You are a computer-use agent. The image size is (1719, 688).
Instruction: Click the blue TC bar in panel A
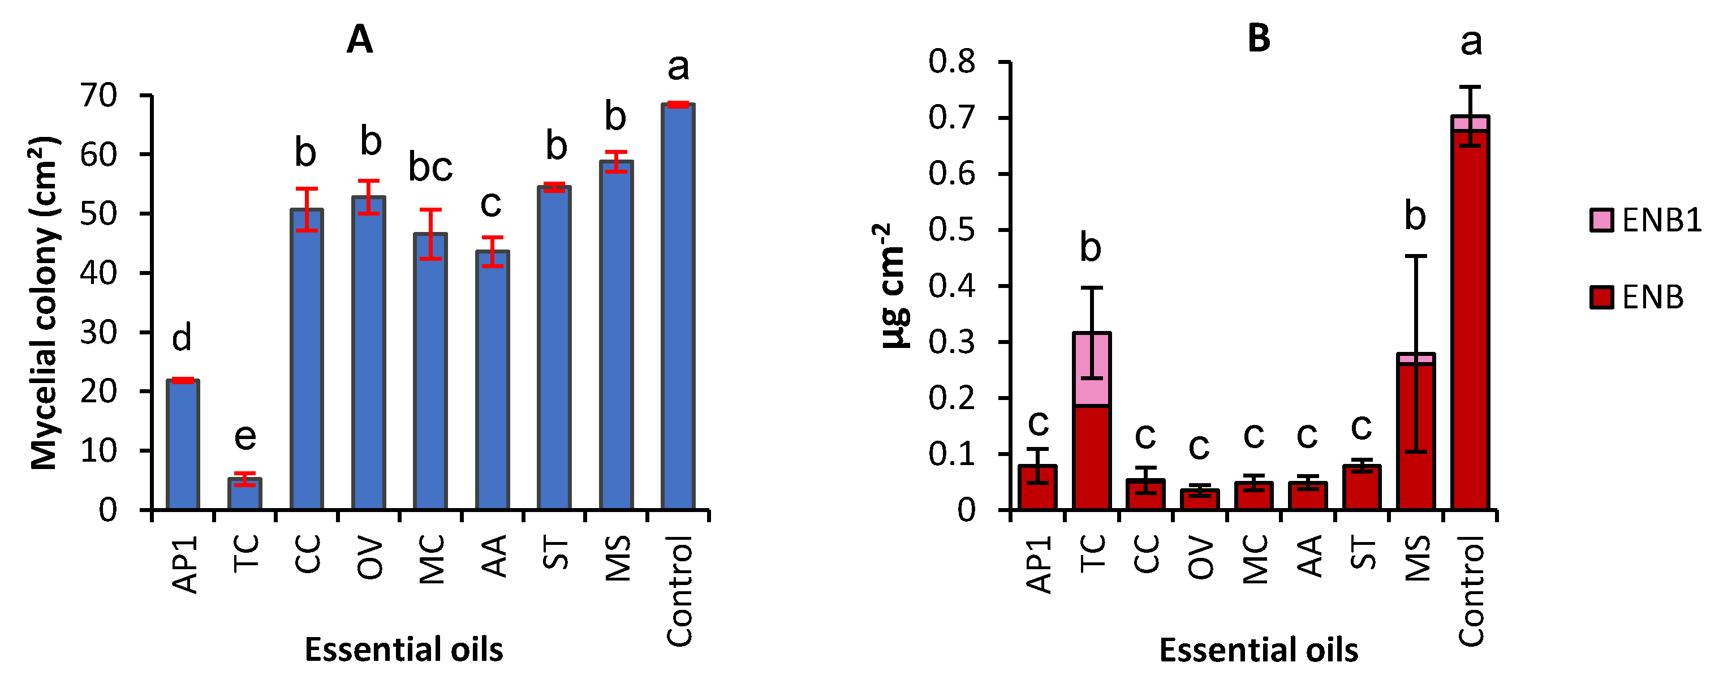[245, 494]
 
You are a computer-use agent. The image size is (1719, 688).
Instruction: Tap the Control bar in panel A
[677, 307]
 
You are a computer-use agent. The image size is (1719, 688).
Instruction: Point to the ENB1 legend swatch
[1601, 220]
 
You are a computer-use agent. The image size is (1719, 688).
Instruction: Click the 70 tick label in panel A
[99, 96]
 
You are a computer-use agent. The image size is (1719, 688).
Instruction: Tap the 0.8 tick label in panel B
[951, 62]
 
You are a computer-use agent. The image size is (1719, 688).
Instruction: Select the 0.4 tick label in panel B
[951, 286]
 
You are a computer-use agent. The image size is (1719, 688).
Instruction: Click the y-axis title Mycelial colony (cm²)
[45, 304]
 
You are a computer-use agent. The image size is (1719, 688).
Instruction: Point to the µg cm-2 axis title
[892, 286]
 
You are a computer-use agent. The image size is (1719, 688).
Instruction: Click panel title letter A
[360, 40]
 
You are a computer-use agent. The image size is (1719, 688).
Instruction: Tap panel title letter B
[1259, 38]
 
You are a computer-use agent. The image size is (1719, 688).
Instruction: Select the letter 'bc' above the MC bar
[430, 167]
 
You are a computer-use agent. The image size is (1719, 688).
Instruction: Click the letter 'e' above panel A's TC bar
[245, 437]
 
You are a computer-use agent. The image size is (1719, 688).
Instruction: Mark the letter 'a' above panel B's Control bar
[1471, 42]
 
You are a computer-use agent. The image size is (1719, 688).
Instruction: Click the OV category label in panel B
[1200, 558]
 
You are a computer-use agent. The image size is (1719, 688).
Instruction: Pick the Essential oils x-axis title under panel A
[404, 650]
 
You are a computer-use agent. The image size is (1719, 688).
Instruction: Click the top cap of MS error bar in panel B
[1415, 256]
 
